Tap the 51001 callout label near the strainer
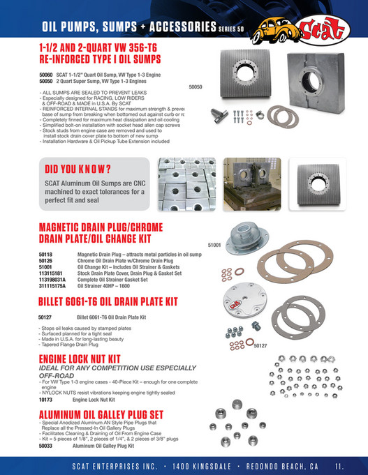[214, 246]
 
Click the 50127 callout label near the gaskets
[260, 345]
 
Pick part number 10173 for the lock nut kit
[46, 400]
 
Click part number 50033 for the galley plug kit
[46, 444]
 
